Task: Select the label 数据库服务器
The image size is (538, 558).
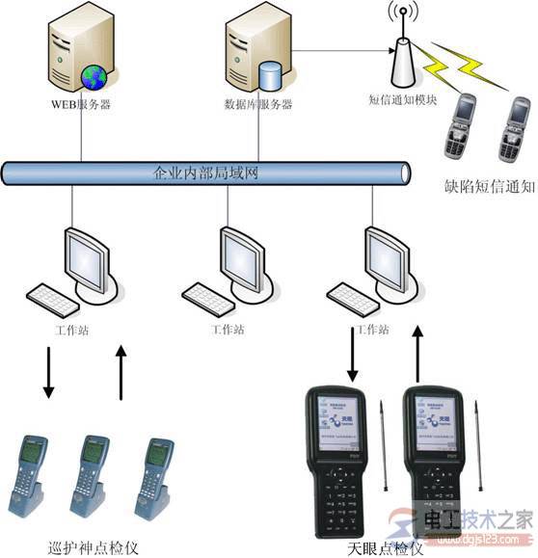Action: click(258, 104)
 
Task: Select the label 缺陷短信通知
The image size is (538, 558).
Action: click(487, 187)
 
